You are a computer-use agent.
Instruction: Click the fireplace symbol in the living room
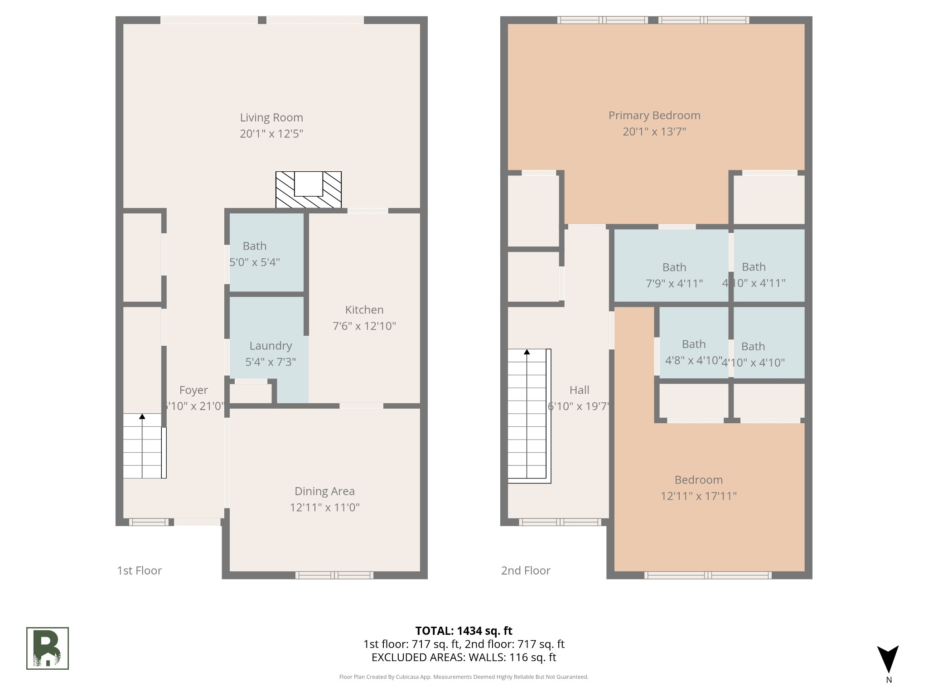point(309,190)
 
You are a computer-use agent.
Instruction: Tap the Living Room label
point(271,118)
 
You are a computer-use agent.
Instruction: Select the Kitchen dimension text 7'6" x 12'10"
point(364,326)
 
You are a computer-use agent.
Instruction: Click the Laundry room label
point(271,346)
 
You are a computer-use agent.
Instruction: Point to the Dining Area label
point(324,491)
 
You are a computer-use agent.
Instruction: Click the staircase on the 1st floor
point(143,446)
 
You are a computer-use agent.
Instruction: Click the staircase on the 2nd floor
point(527,415)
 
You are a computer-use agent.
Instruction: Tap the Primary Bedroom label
point(654,116)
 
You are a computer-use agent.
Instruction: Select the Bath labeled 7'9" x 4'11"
point(674,275)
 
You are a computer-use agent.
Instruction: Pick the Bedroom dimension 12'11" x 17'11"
point(698,496)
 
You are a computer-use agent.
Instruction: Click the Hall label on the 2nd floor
point(579,390)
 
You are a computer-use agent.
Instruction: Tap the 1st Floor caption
point(140,570)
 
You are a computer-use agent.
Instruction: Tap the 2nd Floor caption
point(526,570)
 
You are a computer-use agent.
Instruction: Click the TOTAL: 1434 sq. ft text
point(464,631)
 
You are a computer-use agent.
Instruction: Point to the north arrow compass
point(888,660)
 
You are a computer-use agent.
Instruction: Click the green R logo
point(48,648)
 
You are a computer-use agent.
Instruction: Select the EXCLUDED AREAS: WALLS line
point(464,657)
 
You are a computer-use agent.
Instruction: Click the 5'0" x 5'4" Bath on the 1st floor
point(255,254)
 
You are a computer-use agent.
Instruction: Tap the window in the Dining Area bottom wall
point(334,575)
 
